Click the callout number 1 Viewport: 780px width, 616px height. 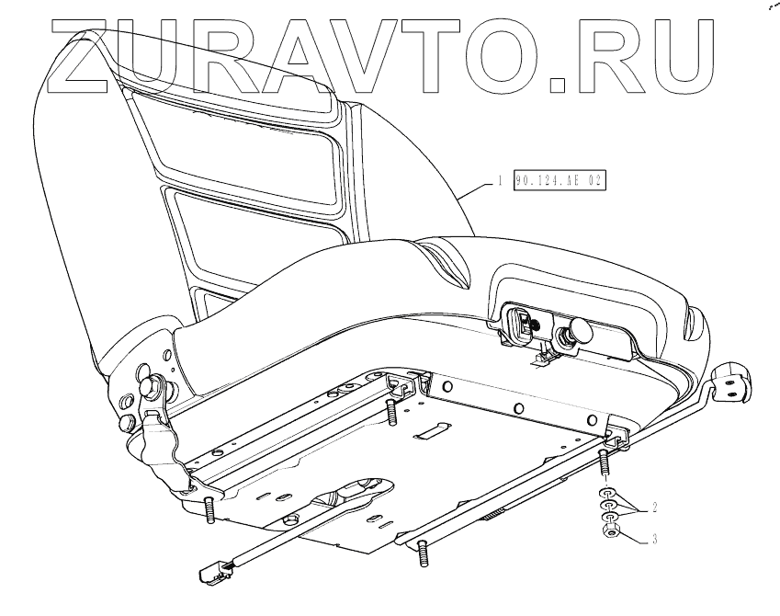coord(500,180)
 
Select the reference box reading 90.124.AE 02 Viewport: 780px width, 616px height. coord(560,180)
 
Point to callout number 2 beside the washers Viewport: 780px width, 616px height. coord(653,506)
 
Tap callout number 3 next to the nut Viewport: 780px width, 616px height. coord(653,540)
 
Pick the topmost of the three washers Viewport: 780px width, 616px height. coord(607,495)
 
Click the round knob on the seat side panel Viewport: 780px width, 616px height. coord(581,329)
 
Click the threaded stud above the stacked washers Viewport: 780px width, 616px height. coord(605,464)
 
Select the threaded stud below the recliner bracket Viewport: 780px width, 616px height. coord(210,508)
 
